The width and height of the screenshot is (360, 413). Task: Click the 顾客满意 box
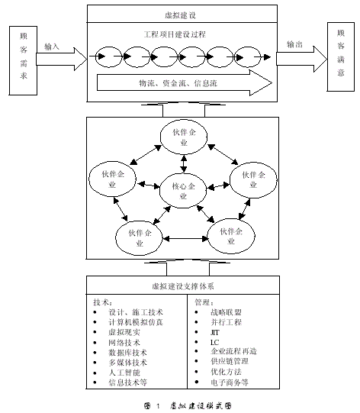(x=339, y=55)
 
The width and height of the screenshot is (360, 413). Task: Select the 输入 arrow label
(x=53, y=46)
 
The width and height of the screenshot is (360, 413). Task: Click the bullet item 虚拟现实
(x=127, y=334)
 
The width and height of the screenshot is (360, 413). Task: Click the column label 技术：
(x=102, y=302)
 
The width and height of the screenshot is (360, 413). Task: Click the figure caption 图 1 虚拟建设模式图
(x=181, y=405)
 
